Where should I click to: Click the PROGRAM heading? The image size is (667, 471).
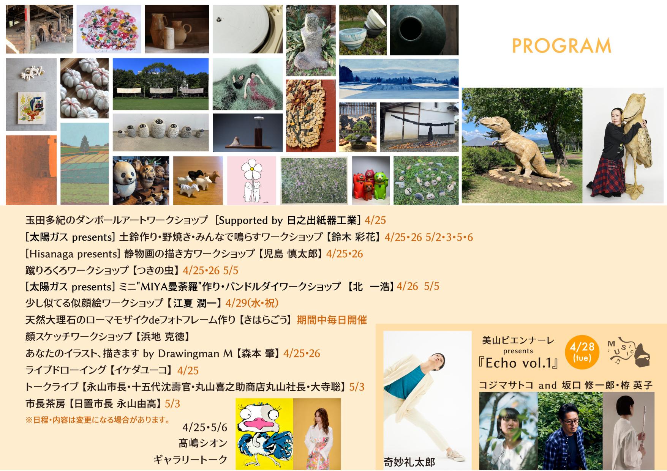pyautogui.click(x=561, y=46)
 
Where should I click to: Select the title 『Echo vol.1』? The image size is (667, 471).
pyautogui.click(x=519, y=363)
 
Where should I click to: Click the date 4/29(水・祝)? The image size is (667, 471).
pyautogui.click(x=252, y=303)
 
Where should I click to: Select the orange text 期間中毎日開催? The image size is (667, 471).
pyautogui.click(x=332, y=320)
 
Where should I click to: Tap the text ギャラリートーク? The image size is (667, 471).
pyautogui.click(x=190, y=460)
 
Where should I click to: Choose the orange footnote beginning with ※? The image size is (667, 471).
pyautogui.click(x=97, y=420)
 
